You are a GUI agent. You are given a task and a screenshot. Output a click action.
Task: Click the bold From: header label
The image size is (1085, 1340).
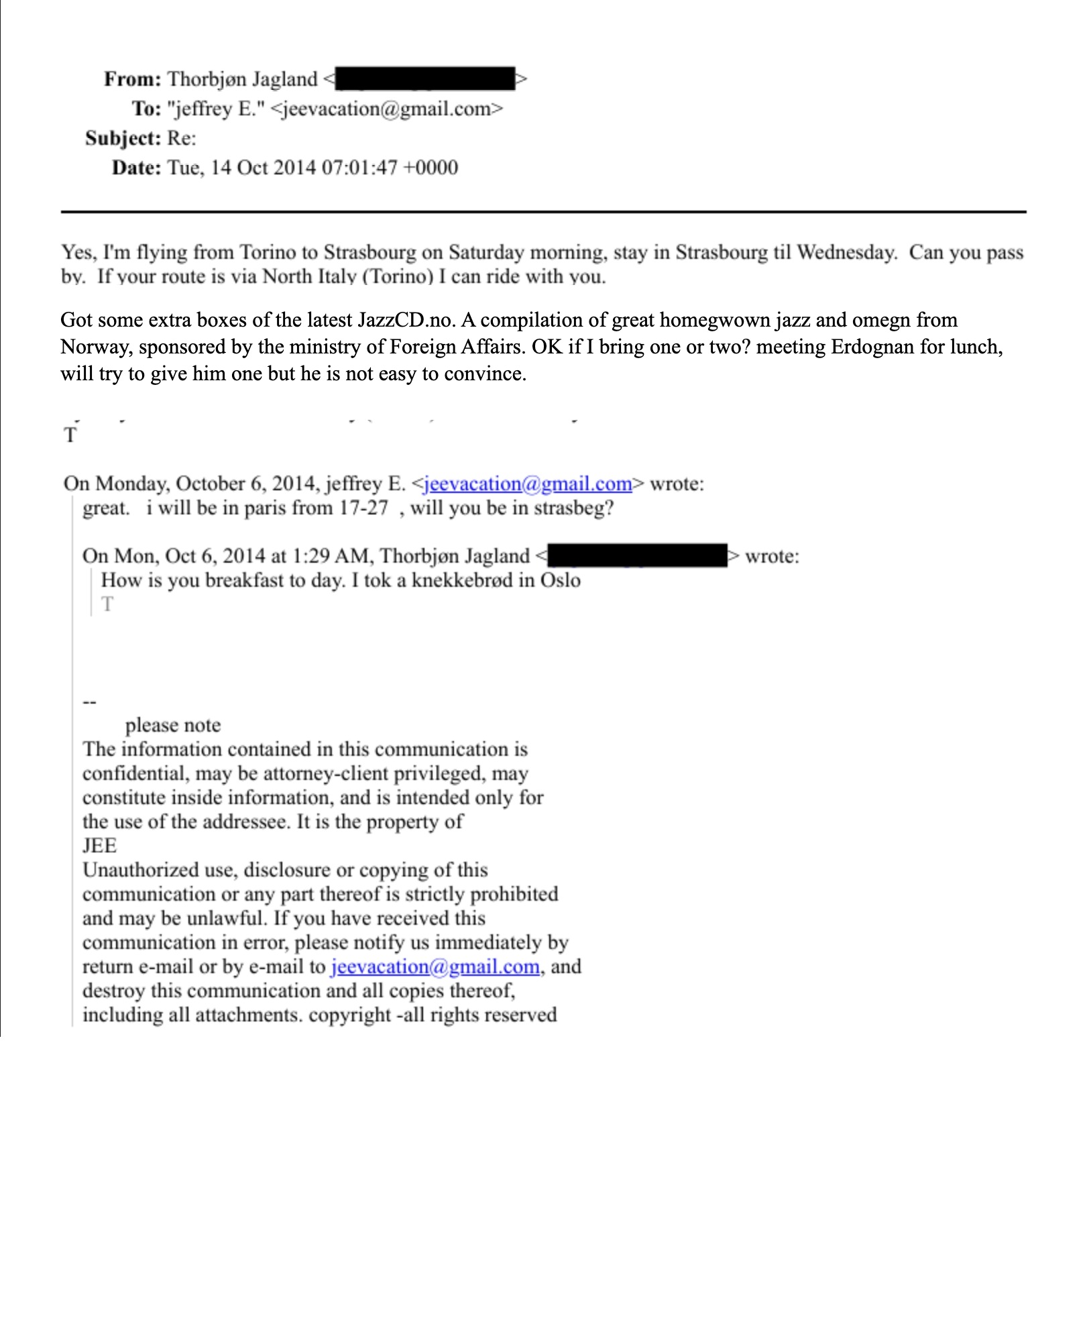tap(132, 79)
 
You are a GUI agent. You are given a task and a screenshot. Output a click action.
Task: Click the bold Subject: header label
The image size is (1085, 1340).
tap(123, 138)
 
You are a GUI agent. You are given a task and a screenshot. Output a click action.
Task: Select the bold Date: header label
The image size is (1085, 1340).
tap(136, 168)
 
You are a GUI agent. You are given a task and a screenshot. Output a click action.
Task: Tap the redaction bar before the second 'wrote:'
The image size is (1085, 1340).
tap(637, 556)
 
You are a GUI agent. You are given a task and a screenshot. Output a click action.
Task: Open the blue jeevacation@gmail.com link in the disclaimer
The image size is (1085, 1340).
tap(435, 966)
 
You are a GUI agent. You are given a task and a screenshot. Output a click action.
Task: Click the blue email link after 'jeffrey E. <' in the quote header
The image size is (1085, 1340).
tap(528, 484)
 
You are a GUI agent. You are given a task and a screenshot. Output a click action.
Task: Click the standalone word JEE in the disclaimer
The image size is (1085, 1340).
tap(99, 846)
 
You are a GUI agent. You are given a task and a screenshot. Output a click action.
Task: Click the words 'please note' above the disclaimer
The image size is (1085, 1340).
tap(173, 725)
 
